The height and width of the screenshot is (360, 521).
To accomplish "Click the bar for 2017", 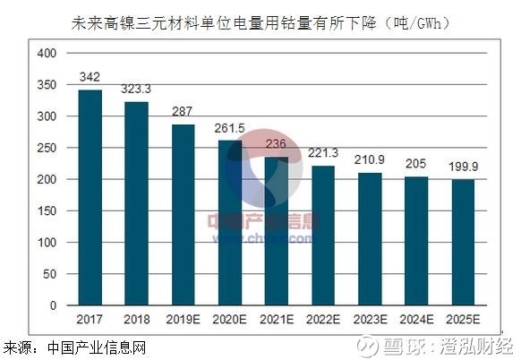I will (90, 198).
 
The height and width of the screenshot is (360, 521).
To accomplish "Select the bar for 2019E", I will (183, 215).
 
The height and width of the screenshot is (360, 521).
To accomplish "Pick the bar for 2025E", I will (463, 243).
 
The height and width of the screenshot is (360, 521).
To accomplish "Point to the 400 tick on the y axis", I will (46, 54).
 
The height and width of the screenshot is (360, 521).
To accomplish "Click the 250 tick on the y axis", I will (46, 148).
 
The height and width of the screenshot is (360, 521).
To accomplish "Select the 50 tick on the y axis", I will (48, 274).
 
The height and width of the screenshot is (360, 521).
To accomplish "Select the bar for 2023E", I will (370, 239).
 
